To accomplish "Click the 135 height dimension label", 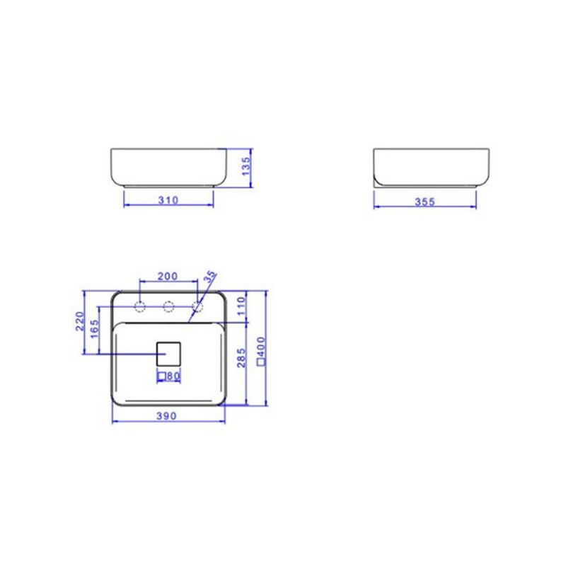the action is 246,166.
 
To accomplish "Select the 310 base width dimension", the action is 168,200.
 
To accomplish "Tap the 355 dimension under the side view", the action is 425,202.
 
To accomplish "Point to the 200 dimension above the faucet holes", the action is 168,276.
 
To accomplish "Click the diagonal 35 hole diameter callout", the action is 210,277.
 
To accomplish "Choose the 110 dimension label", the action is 241,306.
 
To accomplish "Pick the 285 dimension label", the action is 241,358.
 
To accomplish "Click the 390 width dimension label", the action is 167,416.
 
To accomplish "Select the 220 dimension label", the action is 80,321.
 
